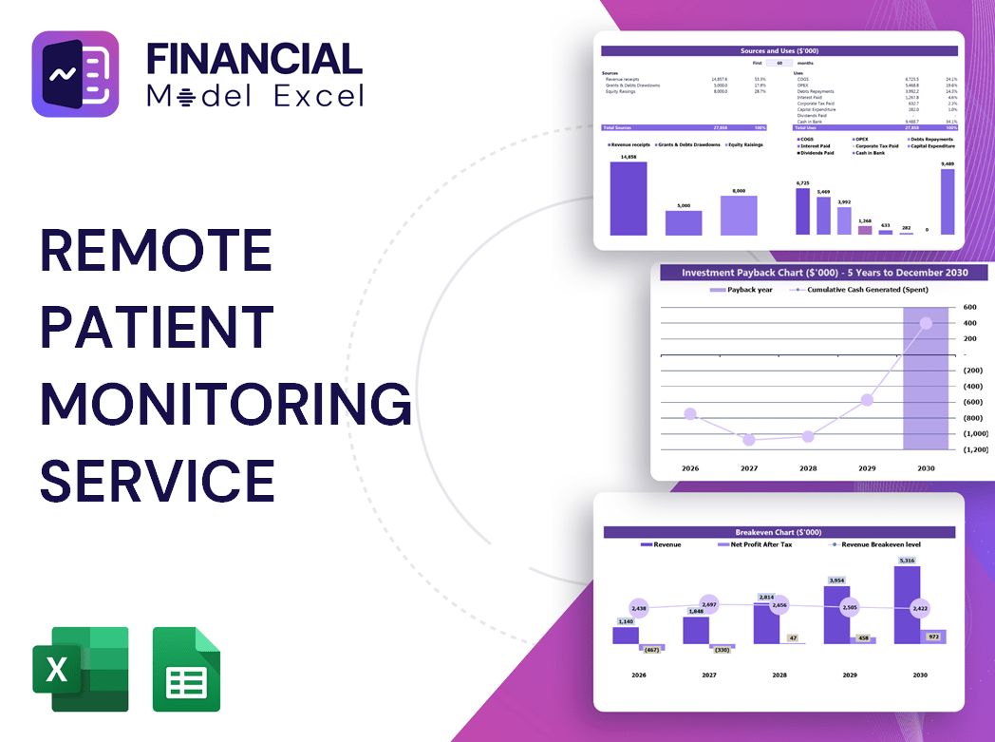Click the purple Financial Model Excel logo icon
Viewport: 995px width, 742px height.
click(x=75, y=74)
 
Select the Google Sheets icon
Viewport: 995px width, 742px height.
click(x=186, y=669)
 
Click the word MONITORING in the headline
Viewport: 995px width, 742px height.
click(x=226, y=403)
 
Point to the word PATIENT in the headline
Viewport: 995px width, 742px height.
click(x=157, y=326)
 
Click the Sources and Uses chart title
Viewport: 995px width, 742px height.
click(x=779, y=50)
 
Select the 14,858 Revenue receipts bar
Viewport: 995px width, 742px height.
click(x=629, y=199)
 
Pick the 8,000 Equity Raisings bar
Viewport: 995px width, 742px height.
click(x=739, y=216)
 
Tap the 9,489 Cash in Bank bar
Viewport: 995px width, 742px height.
click(x=948, y=201)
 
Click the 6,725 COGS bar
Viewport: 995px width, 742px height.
click(x=803, y=211)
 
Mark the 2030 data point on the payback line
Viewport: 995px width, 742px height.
click(x=926, y=323)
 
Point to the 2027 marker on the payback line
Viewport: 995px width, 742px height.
click(x=749, y=440)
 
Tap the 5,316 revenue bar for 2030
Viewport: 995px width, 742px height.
click(x=907, y=605)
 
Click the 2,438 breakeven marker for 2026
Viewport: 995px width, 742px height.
click(x=638, y=608)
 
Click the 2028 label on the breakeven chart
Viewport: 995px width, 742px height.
click(x=779, y=675)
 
